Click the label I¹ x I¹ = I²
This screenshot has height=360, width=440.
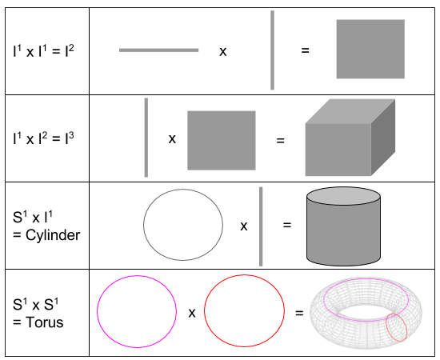tap(44, 50)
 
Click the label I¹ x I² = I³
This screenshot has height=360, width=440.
tap(44, 138)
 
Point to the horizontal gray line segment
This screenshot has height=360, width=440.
tap(158, 50)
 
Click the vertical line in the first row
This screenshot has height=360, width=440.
tap(273, 50)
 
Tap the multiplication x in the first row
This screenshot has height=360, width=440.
tap(222, 51)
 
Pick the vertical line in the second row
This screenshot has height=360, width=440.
tap(146, 137)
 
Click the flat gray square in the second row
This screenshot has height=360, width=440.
tap(222, 140)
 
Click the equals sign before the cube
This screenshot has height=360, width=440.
tap(281, 139)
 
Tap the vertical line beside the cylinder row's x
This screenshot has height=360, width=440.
tap(261, 226)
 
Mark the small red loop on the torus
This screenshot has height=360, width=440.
tap(397, 327)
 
